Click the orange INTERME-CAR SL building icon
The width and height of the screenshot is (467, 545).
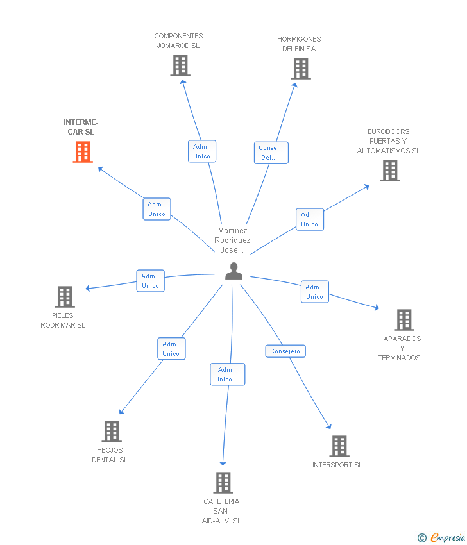(83, 152)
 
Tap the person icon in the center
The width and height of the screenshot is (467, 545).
(234, 271)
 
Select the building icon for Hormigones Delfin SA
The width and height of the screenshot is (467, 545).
(301, 69)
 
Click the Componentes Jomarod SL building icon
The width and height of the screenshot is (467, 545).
(180, 65)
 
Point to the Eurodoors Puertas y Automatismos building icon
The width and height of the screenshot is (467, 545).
(390, 171)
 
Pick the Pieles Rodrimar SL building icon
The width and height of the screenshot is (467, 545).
(65, 297)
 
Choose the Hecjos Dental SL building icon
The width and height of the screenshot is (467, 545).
(112, 432)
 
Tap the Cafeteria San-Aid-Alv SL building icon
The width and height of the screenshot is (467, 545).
(223, 483)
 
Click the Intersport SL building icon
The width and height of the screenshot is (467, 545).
(339, 446)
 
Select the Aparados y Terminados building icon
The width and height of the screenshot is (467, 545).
(404, 320)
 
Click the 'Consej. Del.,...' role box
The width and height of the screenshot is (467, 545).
(271, 153)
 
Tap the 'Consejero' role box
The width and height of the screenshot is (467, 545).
(285, 351)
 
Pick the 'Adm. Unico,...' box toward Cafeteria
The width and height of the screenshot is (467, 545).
(228, 374)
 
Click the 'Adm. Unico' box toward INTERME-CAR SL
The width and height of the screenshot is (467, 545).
(157, 209)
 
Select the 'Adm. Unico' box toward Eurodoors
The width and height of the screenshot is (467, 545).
(310, 219)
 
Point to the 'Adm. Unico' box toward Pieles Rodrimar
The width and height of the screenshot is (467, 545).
(150, 281)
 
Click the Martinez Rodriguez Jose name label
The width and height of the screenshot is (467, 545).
(232, 240)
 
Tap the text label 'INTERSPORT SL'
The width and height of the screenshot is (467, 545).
(337, 465)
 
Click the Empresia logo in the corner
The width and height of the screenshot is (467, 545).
(441, 538)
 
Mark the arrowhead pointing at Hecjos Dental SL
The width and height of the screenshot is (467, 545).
(121, 412)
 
